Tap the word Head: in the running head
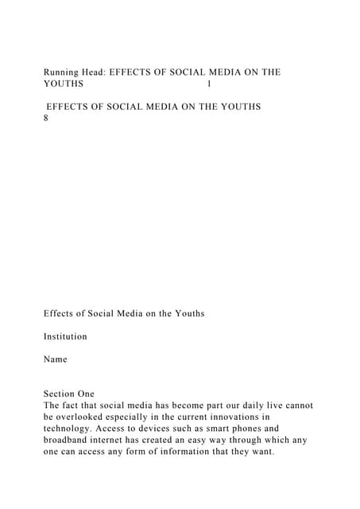[95, 72]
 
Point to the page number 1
[208, 84]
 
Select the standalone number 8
[47, 118]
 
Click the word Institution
[65, 336]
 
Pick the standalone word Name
[56, 359]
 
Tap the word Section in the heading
[60, 394]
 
